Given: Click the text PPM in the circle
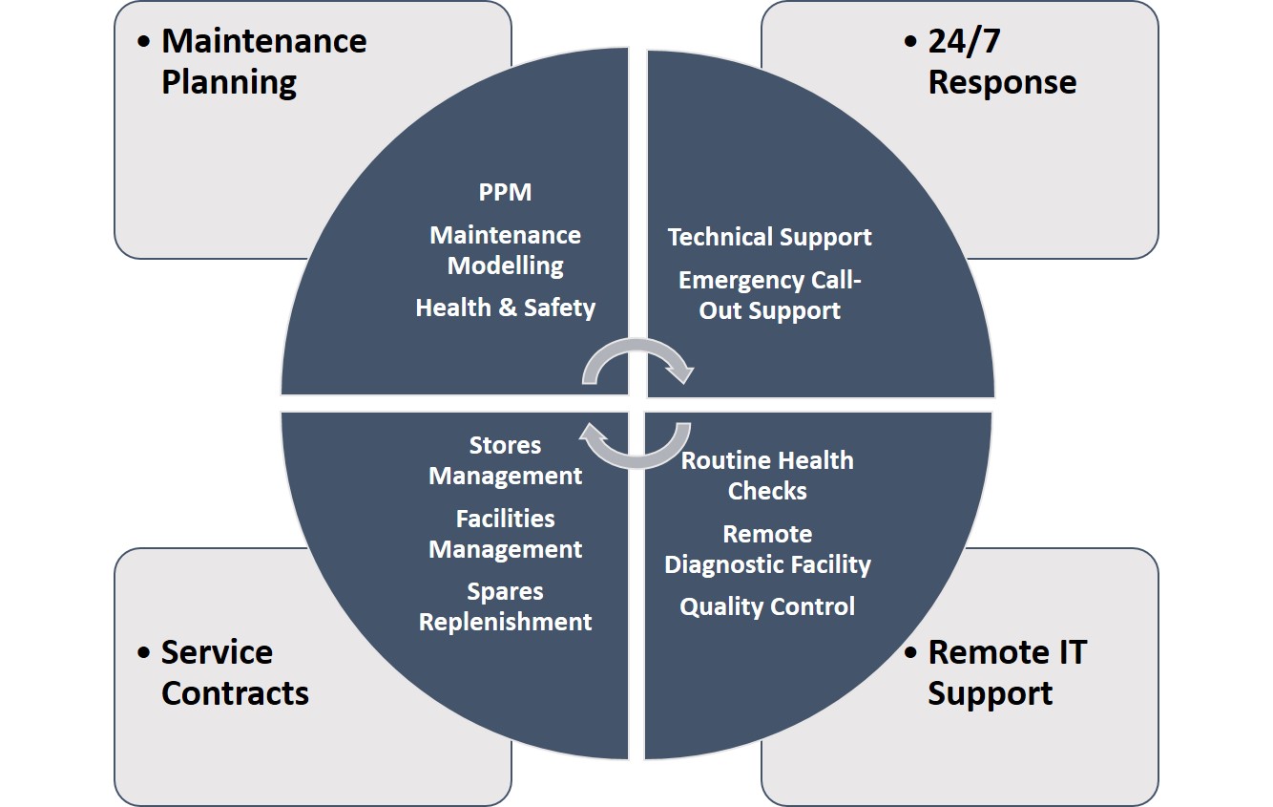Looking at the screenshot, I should (x=505, y=192).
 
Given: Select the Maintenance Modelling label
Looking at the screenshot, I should (x=505, y=250).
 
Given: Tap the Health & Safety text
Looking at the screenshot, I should (x=505, y=308).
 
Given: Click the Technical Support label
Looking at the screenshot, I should (x=769, y=237).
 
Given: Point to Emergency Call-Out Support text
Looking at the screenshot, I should (x=769, y=295).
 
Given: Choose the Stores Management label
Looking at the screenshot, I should (x=505, y=460).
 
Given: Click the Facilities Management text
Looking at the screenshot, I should (x=505, y=534).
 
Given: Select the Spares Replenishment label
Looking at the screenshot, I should (x=505, y=606).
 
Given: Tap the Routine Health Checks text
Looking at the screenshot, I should (x=767, y=476).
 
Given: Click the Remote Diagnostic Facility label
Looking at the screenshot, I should (x=767, y=549).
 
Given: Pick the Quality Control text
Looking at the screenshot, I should (x=767, y=606).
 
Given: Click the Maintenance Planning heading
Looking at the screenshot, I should (x=262, y=61).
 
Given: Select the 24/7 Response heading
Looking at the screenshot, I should (x=1001, y=61).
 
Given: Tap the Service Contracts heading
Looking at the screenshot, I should (x=234, y=672).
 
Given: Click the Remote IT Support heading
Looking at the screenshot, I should (x=1006, y=672).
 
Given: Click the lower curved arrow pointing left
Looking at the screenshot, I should (x=636, y=448).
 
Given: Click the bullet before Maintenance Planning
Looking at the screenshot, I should (x=144, y=42).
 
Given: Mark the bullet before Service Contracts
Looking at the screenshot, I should (x=144, y=653).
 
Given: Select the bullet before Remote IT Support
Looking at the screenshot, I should (x=910, y=653).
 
